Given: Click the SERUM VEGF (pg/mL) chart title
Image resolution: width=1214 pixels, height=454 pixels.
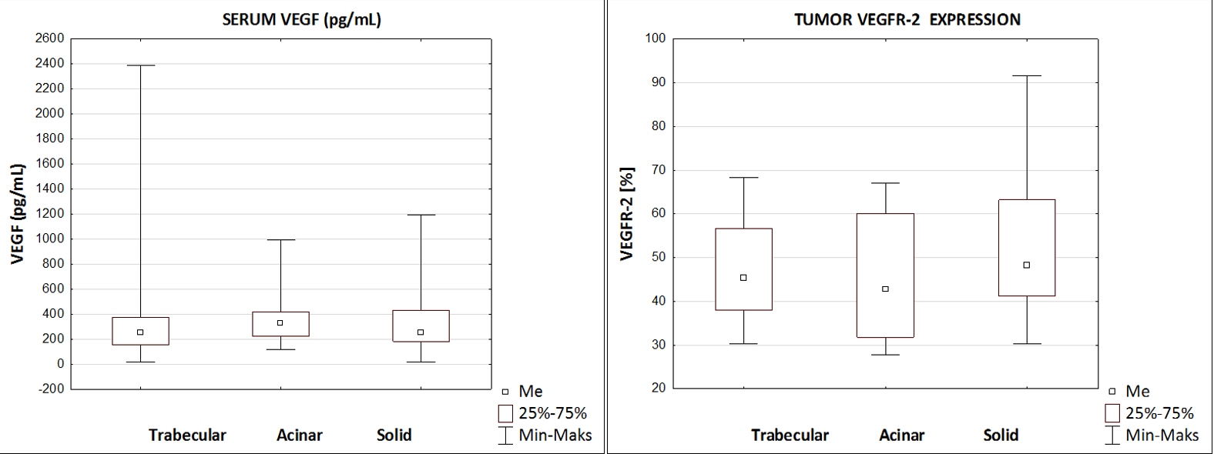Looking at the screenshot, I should click(x=301, y=19).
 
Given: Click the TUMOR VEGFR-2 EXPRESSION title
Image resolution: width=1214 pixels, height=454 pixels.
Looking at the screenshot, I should click(x=907, y=19).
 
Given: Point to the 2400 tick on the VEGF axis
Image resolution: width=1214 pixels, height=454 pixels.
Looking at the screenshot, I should click(x=49, y=63).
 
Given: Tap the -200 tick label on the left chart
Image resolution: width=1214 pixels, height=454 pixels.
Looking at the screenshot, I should click(x=51, y=389).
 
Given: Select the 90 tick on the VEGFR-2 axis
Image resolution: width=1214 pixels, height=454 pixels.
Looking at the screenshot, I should click(x=657, y=82).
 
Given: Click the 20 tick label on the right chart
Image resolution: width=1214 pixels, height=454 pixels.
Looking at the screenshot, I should click(x=658, y=388).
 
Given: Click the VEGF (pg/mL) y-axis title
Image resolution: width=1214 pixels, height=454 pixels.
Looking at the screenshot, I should click(x=18, y=213).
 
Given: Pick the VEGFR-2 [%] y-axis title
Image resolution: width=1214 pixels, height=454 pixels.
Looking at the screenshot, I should click(x=627, y=213).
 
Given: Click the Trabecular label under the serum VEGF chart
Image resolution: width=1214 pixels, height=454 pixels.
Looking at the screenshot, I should click(x=187, y=435).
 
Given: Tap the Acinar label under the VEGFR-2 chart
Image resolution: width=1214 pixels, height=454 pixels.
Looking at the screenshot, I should click(x=901, y=435).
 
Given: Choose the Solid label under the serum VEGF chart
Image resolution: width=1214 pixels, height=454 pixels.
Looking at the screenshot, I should click(x=394, y=435).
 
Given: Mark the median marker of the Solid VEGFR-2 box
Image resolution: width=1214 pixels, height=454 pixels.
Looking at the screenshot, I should click(x=1026, y=265).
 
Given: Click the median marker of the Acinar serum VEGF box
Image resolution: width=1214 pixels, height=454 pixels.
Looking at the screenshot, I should click(x=280, y=323).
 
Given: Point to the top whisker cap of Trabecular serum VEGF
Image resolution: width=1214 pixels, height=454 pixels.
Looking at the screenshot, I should click(x=140, y=65).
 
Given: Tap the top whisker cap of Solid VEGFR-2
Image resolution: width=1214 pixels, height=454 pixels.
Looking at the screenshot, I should click(x=1026, y=75).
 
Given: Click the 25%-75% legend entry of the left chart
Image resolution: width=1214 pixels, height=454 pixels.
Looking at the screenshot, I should click(x=543, y=413).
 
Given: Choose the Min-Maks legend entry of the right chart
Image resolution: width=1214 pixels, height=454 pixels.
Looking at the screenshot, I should click(x=1152, y=435).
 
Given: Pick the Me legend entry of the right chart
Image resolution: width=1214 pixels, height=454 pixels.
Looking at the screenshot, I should click(x=1129, y=391).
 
